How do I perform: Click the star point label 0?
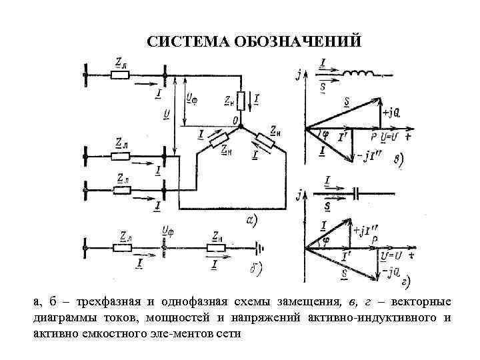click(235, 120)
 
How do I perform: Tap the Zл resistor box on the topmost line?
click(120, 75)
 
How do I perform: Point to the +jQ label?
click(391, 112)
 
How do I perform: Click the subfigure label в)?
click(397, 160)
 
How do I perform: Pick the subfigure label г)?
click(404, 280)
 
